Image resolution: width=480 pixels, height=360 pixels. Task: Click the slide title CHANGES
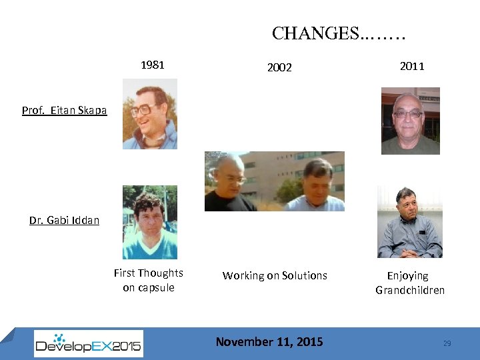point(339,33)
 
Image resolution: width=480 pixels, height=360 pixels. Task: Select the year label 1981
point(152,65)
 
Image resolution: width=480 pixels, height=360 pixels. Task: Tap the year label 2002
point(279,67)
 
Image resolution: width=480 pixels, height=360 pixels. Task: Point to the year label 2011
point(411,65)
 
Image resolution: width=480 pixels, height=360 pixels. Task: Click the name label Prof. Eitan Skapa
point(64,111)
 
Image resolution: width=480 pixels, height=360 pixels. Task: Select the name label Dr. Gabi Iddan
point(64,220)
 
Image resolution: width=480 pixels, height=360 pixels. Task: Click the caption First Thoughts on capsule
point(149,280)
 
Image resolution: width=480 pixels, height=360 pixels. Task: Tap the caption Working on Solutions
point(275,275)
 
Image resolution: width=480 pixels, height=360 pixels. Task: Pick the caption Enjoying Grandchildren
point(409,283)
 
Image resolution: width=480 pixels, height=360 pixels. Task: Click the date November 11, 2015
point(269,342)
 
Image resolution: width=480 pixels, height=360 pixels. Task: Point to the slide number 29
point(447,343)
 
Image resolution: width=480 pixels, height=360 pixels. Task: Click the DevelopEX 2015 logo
point(89,343)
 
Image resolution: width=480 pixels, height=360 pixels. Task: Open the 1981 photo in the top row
point(150,114)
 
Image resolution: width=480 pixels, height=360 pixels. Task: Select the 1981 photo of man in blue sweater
point(150,222)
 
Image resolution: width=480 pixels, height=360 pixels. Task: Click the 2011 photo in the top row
point(410,121)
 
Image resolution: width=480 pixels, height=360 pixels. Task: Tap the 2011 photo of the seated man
point(410,222)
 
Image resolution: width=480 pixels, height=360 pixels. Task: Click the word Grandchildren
point(409,290)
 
